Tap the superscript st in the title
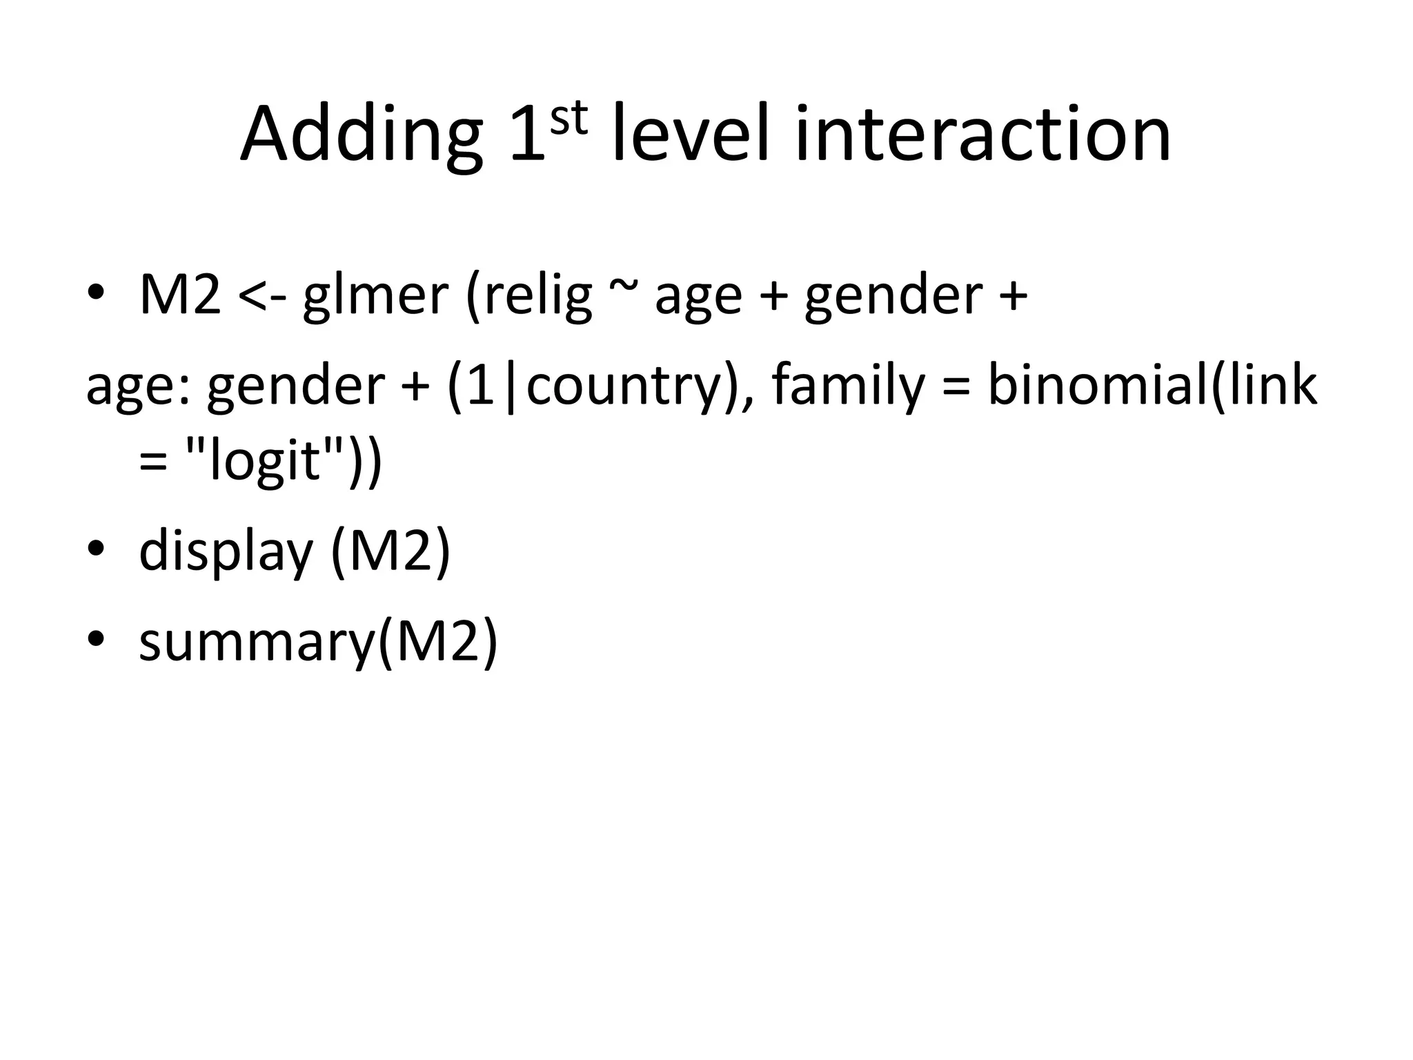pos(569,119)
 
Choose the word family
pos(848,386)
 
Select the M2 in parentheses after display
pos(391,551)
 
